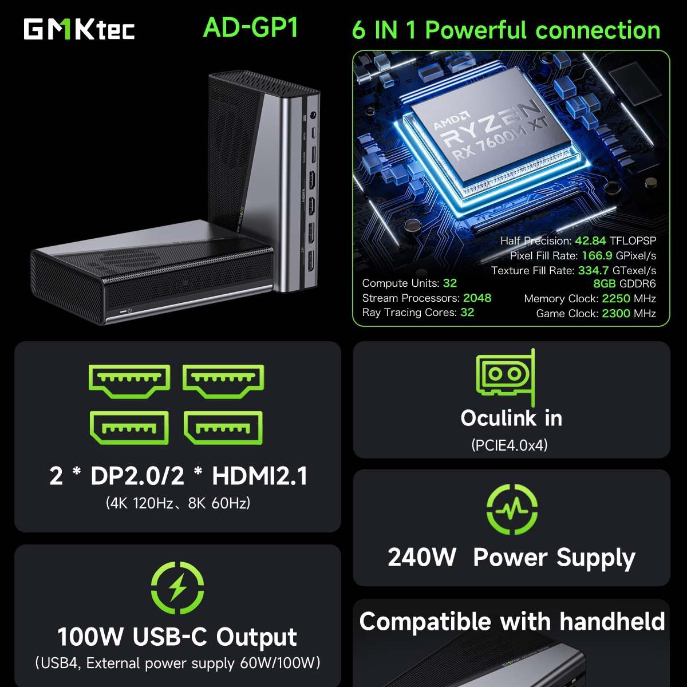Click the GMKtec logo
[x=79, y=30]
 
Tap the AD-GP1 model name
[x=251, y=27]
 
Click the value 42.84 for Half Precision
[x=590, y=241]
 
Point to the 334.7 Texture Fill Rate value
[x=593, y=270]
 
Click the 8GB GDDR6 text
[x=624, y=284]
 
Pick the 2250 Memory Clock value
[x=615, y=299]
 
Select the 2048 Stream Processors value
[x=477, y=298]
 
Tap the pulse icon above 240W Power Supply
[x=512, y=508]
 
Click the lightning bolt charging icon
[x=177, y=587]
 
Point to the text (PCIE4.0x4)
[x=510, y=445]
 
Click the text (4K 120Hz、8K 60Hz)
[x=178, y=503]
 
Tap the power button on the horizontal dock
[x=130, y=310]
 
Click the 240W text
[x=422, y=557]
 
